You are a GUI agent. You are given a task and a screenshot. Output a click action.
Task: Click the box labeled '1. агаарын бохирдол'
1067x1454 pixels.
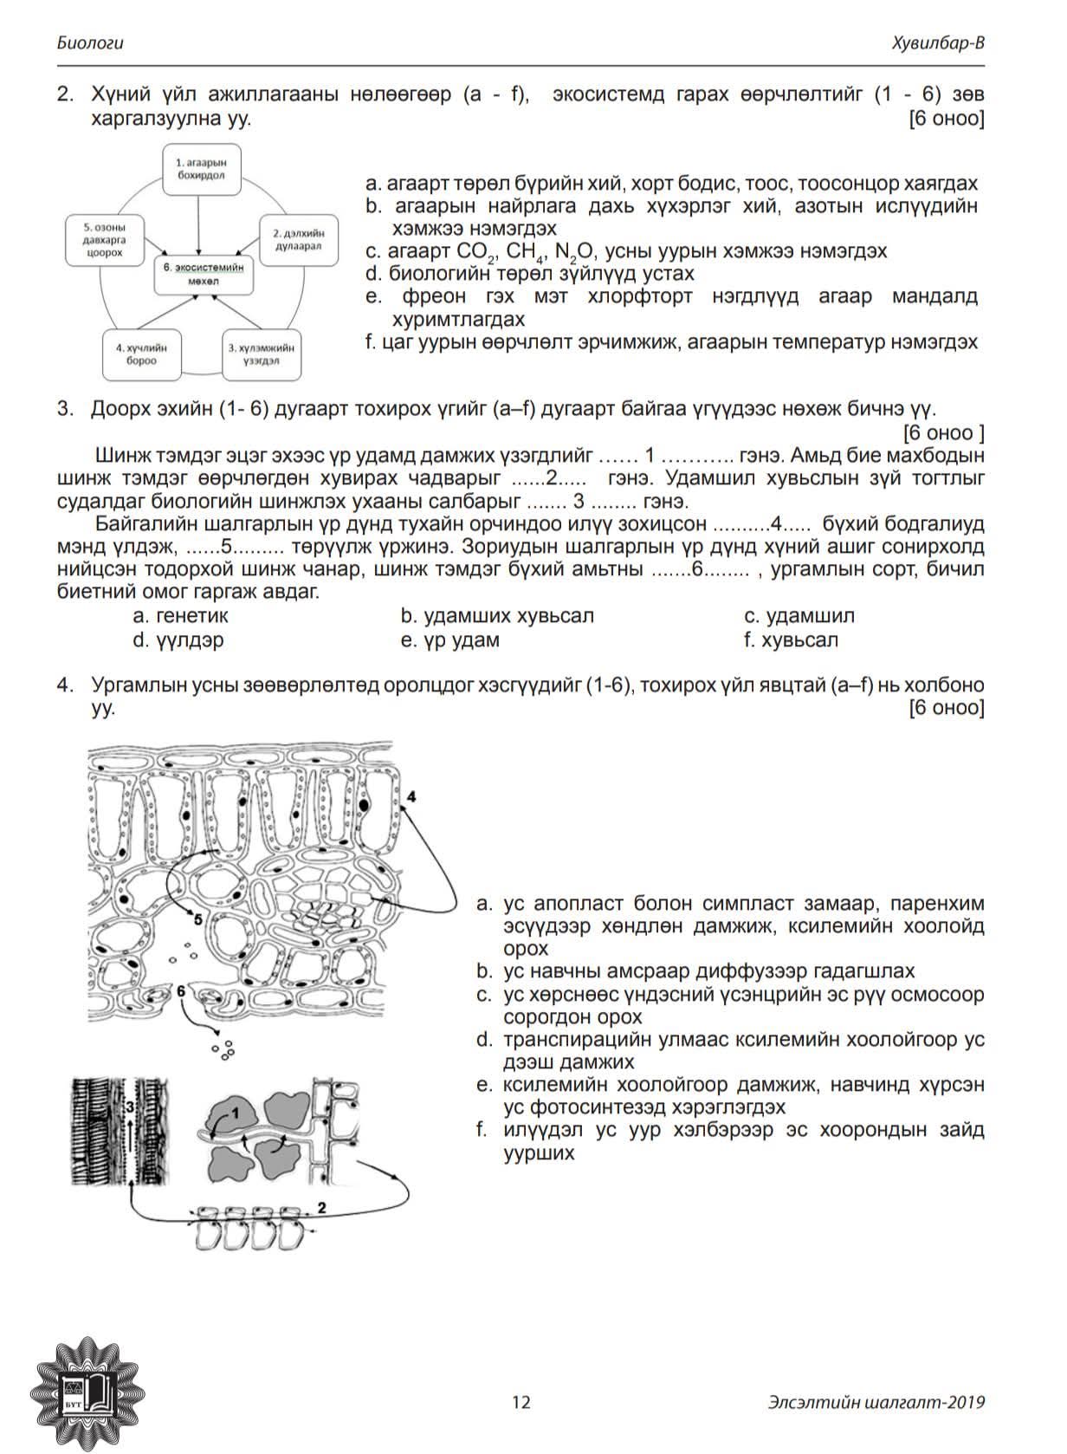coord(201,168)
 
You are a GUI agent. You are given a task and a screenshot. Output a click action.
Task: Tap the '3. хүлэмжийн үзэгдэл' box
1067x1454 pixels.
coord(261,354)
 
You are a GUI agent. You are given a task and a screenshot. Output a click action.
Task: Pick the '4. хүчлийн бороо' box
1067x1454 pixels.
coord(141,354)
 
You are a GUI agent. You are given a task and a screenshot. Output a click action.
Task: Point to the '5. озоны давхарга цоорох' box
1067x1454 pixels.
coord(104,239)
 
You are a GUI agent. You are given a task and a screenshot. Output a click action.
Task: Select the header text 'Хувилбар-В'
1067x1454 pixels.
coord(940,42)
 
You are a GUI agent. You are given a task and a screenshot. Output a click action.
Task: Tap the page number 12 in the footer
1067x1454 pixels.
coord(521,1401)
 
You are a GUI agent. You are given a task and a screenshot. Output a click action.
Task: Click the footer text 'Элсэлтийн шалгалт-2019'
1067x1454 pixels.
coord(876,1401)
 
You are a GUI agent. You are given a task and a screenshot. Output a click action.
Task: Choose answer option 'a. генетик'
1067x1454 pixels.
coord(180,616)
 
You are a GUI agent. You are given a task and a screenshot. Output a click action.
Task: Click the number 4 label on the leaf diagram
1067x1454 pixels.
coord(411,795)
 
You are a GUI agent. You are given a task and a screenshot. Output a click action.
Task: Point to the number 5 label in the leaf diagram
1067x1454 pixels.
coord(198,920)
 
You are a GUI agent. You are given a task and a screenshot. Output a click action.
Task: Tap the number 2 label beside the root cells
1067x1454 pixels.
coord(322,1206)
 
